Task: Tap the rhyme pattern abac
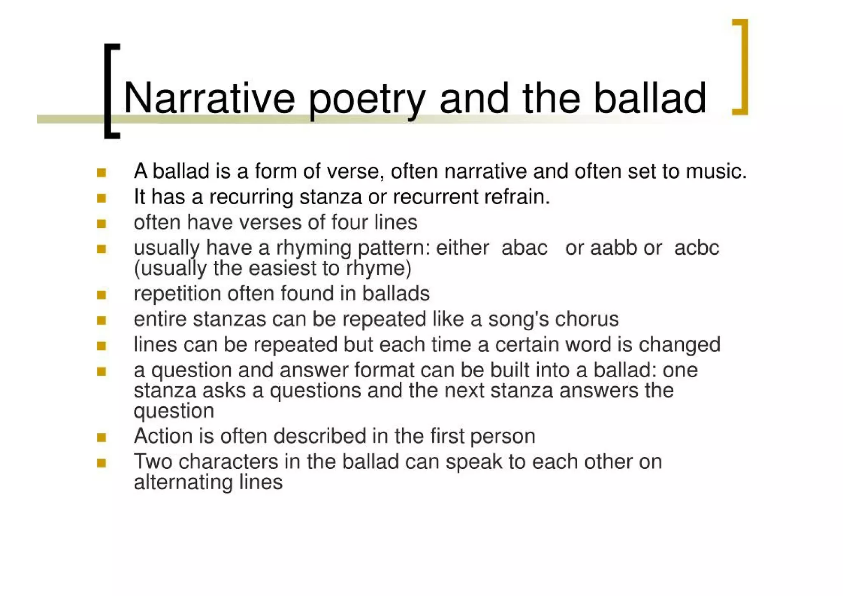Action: coord(524,248)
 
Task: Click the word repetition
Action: coord(177,294)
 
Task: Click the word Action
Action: coord(163,436)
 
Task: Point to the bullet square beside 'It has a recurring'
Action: coord(102,198)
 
